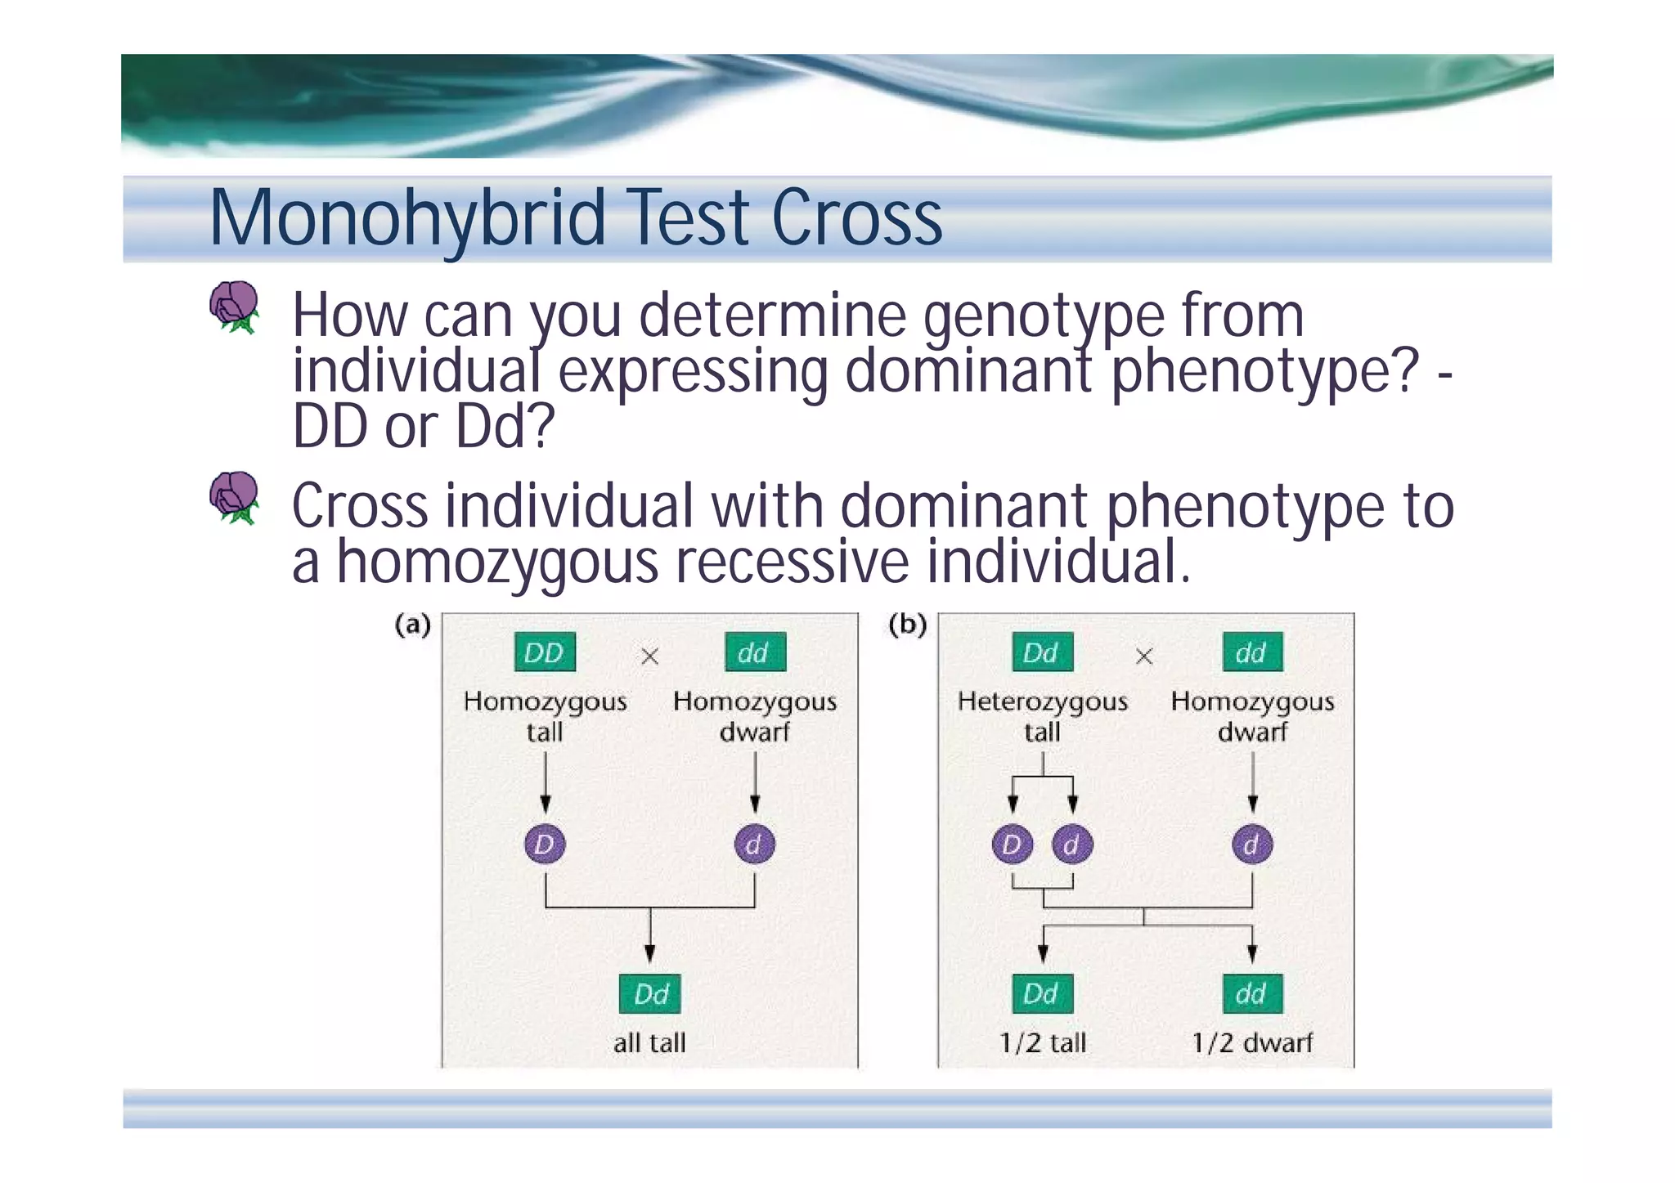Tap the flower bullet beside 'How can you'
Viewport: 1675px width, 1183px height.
(234, 307)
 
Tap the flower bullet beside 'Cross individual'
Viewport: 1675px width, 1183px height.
(234, 496)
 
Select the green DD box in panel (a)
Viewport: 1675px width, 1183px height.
(544, 652)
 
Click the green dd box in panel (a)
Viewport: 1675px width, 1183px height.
(754, 652)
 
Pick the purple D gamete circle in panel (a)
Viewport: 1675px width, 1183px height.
(545, 845)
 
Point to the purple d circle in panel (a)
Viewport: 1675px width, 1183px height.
(754, 845)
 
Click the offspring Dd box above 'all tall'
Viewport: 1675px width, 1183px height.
(650, 994)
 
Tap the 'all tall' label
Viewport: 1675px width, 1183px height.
(649, 1042)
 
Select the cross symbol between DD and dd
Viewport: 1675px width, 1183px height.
(649, 656)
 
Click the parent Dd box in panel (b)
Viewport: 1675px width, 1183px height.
(1041, 652)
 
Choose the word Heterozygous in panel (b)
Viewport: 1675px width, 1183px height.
(1042, 701)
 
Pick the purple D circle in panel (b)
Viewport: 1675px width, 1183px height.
(1013, 845)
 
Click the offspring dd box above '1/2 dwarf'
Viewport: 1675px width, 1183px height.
(1252, 994)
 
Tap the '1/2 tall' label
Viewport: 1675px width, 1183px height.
(1043, 1042)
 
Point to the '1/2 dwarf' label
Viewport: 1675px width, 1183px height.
(1251, 1042)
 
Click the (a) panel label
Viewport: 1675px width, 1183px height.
(412, 625)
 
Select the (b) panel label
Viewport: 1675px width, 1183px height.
(907, 625)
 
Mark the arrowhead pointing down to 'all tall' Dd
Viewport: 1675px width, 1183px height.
(649, 953)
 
